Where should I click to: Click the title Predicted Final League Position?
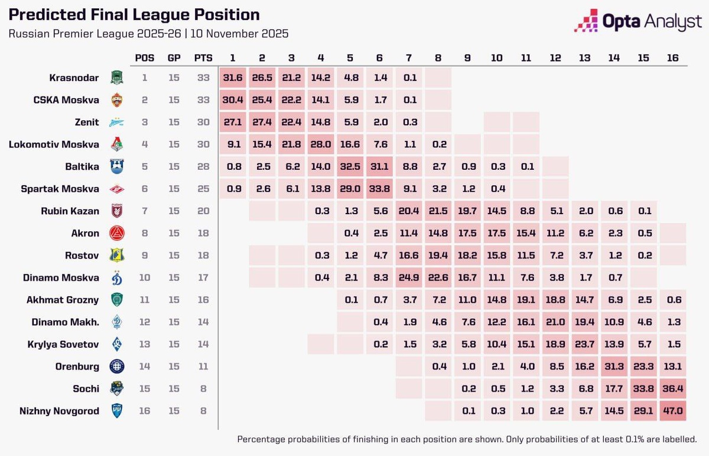tap(134, 15)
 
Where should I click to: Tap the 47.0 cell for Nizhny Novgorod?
tap(672, 411)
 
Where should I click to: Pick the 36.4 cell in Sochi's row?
tap(672, 389)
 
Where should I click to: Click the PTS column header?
tap(203, 58)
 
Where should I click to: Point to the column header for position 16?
tap(672, 58)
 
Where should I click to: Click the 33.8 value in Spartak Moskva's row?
tap(379, 189)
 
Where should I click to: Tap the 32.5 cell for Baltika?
tap(350, 167)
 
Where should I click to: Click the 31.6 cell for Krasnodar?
tap(233, 77)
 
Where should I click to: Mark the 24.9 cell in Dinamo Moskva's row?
tap(409, 277)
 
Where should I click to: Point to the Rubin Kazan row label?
tap(70, 211)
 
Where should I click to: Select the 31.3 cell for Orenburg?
tap(614, 367)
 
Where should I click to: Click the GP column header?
tap(174, 58)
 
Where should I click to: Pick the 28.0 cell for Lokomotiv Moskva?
tap(321, 144)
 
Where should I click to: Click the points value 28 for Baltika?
tap(203, 167)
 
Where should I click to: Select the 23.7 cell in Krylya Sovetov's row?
tap(584, 344)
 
